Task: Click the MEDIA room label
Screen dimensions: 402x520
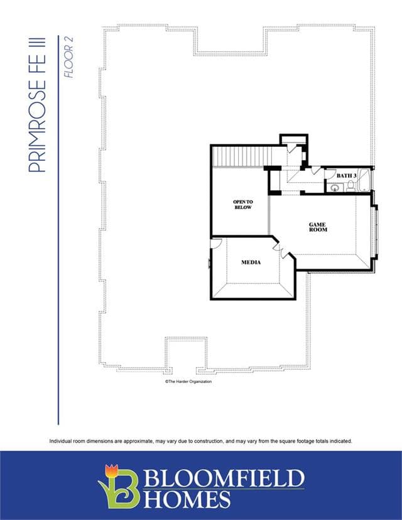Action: [x=251, y=263]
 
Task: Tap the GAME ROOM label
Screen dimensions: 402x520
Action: [x=318, y=227]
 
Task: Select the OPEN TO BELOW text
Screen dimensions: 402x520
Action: [x=243, y=205]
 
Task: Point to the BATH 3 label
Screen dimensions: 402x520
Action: [x=346, y=175]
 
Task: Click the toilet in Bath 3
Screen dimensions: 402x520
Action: [x=350, y=187]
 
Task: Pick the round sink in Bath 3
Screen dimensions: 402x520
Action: [x=334, y=188]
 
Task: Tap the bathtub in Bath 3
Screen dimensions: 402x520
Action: [x=364, y=180]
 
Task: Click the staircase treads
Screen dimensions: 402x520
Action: [x=242, y=156]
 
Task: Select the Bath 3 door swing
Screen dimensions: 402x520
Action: [x=329, y=174]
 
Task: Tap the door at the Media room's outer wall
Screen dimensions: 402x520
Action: [x=215, y=243]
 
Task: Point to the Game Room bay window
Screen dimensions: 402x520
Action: [x=376, y=232]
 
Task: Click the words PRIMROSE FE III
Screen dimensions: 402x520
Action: [x=37, y=105]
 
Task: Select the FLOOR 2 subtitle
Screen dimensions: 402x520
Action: [x=68, y=57]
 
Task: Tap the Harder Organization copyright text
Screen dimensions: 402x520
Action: [x=188, y=382]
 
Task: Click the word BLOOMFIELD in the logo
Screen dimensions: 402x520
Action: [x=224, y=477]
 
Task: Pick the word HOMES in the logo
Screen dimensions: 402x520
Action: [x=187, y=499]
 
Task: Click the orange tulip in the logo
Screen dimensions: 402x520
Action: [x=111, y=470]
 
